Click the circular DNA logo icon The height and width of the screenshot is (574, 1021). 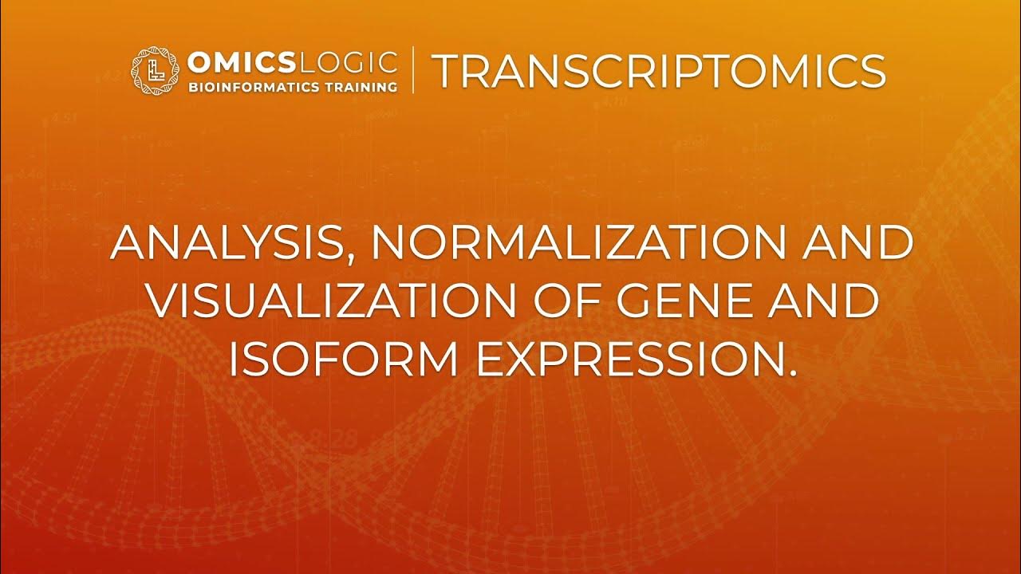tap(156, 72)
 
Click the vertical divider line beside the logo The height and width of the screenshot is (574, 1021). tap(413, 70)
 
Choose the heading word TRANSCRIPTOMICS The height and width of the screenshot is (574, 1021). tap(658, 72)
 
